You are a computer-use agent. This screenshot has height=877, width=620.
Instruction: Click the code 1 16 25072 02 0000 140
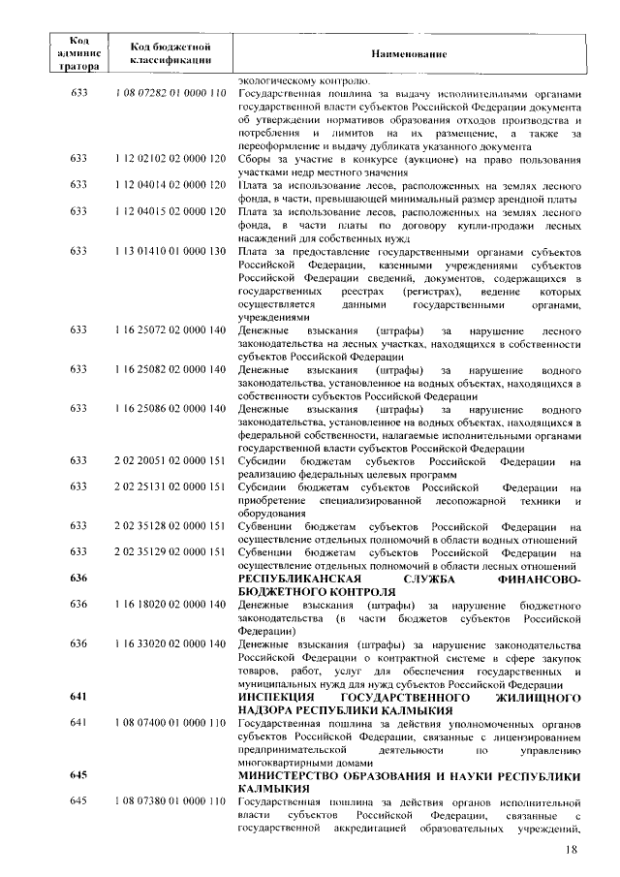pyautogui.click(x=170, y=330)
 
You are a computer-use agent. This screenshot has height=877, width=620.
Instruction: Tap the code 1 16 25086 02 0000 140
pyautogui.click(x=170, y=409)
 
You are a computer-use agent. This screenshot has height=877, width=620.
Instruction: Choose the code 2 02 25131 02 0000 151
pyautogui.click(x=170, y=486)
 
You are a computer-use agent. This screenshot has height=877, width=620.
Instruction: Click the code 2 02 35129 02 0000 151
pyautogui.click(x=170, y=551)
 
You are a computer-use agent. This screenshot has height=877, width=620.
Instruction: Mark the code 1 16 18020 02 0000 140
pyautogui.click(x=170, y=605)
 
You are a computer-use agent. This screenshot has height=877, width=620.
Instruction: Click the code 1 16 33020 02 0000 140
pyautogui.click(x=170, y=644)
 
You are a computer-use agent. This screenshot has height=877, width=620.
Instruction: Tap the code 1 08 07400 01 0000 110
pyautogui.click(x=170, y=724)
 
